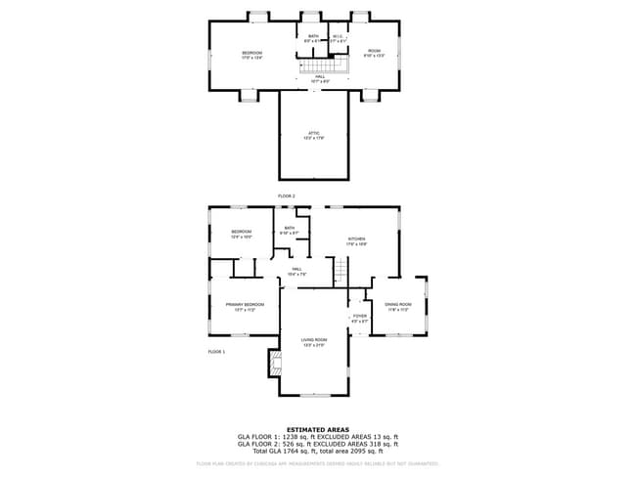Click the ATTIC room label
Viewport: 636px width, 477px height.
314,135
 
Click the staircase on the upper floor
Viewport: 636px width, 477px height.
332,65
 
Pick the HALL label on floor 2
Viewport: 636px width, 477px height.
319,78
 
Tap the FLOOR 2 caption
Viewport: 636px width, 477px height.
287,196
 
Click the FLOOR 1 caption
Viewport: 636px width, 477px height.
216,351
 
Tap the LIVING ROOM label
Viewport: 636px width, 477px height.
314,341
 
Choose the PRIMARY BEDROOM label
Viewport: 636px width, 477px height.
246,306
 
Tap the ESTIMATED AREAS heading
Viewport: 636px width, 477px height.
318,427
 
